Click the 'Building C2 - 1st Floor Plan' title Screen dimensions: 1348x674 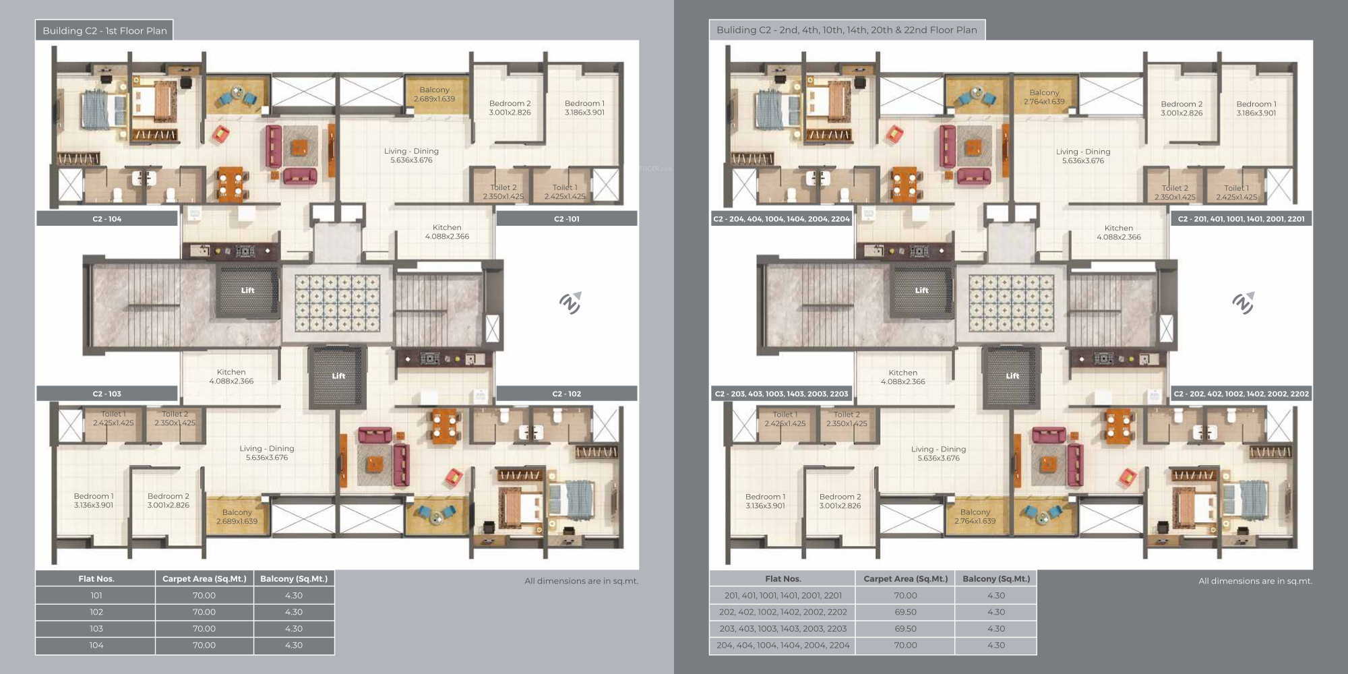(x=104, y=30)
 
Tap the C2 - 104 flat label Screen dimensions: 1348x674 (x=107, y=219)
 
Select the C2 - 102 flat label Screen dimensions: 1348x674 (x=567, y=394)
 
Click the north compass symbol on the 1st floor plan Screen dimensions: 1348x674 (x=570, y=303)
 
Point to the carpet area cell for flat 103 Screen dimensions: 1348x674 (x=204, y=629)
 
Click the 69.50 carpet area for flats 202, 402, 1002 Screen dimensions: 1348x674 (x=905, y=612)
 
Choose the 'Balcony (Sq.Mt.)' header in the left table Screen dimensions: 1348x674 (x=294, y=578)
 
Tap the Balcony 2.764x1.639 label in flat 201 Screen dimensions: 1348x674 (x=1044, y=97)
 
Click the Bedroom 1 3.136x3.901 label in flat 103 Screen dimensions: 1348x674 (x=94, y=501)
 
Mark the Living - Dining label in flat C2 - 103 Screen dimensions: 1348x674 (x=267, y=453)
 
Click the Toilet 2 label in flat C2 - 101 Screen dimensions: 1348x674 (x=503, y=192)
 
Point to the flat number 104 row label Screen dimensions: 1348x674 (x=96, y=645)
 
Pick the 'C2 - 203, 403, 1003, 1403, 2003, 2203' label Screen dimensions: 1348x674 (x=781, y=394)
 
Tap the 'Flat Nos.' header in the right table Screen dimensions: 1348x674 (x=783, y=578)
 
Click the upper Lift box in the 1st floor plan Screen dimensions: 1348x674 (x=247, y=290)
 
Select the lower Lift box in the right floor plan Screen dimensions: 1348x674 (x=1012, y=376)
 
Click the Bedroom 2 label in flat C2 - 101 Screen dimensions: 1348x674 (x=510, y=108)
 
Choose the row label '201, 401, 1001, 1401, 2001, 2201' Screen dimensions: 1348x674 (x=783, y=596)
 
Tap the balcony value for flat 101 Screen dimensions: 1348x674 (x=294, y=596)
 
